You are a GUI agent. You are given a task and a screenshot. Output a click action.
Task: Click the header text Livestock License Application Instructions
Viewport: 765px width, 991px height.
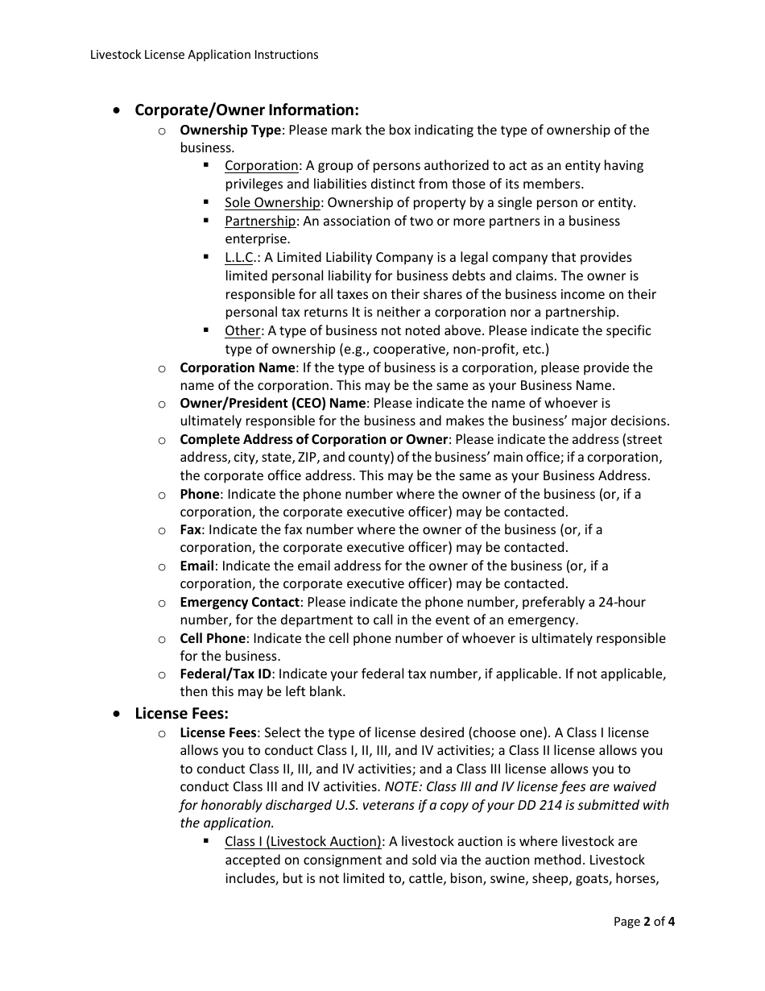coord(204,55)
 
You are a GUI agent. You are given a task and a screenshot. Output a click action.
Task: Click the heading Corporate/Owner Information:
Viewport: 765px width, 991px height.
coord(246,110)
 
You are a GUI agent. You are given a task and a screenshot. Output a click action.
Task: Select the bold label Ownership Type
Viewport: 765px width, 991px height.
coord(230,130)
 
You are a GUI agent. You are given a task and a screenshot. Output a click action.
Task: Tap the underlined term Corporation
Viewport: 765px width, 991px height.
coord(262,165)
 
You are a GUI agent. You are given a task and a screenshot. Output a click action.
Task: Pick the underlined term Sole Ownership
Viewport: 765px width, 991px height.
coord(272,202)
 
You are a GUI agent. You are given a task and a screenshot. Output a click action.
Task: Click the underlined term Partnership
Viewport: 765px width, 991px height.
coord(260,221)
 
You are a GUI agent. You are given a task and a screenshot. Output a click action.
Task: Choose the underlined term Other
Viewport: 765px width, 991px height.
coord(242,330)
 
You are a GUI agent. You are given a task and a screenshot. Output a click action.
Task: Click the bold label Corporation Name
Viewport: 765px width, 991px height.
coord(238,367)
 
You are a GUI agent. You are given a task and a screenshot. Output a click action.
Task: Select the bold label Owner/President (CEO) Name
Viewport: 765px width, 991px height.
coord(272,403)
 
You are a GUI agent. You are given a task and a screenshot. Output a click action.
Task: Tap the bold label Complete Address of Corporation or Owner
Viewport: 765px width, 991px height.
coord(313,439)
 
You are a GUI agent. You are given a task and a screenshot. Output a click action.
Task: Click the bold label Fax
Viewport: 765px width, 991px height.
coord(190,529)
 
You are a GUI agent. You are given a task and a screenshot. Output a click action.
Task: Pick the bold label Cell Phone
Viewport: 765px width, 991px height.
coord(213,638)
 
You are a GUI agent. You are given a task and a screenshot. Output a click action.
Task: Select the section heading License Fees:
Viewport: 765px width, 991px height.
coord(181,713)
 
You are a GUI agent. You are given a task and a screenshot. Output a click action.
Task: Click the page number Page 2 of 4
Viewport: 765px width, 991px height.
coord(643,922)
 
